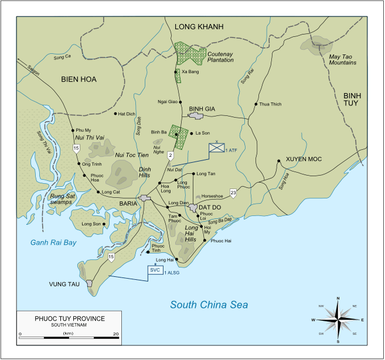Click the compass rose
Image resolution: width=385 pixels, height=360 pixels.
click(x=338, y=320)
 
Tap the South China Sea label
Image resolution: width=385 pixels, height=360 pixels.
click(x=209, y=304)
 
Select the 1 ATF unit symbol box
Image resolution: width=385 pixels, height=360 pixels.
click(x=217, y=149)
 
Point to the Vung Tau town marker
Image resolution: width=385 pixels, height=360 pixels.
click(x=90, y=283)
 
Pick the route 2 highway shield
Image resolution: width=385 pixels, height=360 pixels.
click(x=171, y=155)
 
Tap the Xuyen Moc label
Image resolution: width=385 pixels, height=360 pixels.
click(x=304, y=159)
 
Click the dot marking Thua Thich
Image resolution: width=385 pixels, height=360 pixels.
click(x=255, y=104)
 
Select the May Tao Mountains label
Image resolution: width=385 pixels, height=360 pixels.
click(x=342, y=60)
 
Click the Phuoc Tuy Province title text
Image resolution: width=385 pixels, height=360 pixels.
click(x=69, y=318)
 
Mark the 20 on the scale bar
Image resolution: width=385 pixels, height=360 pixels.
click(x=116, y=334)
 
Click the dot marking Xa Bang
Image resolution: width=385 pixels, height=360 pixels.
click(x=177, y=72)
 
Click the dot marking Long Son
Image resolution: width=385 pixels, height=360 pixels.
click(x=104, y=224)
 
